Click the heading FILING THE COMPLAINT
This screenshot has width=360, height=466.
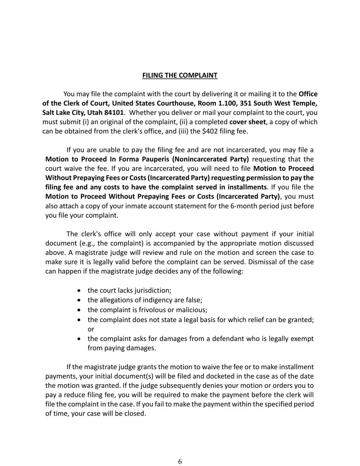click(x=180, y=75)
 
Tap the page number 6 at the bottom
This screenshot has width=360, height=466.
click(x=180, y=461)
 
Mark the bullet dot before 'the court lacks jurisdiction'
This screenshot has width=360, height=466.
click(x=79, y=291)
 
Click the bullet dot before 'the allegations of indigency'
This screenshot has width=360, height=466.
click(x=79, y=300)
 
